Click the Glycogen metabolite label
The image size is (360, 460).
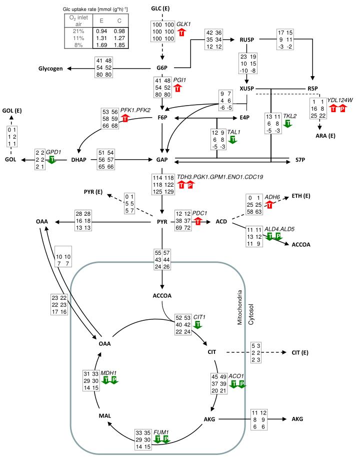click(x=50, y=69)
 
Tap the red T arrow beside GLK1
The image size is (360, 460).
click(x=182, y=32)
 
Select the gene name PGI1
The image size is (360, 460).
click(x=179, y=80)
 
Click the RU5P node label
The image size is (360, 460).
click(x=247, y=40)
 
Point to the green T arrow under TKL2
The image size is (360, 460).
click(x=288, y=124)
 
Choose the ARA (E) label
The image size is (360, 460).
click(x=325, y=136)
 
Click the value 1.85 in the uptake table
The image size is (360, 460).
click(x=119, y=45)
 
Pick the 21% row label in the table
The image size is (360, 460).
click(x=78, y=31)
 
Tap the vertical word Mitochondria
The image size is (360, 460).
click(x=240, y=307)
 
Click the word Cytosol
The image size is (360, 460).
click(x=251, y=314)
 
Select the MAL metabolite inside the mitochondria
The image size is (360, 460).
click(x=104, y=415)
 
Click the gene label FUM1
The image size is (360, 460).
click(x=161, y=432)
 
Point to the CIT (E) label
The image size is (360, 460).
click(x=300, y=352)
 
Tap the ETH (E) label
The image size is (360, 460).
click(x=301, y=196)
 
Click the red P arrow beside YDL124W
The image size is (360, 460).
click(x=342, y=108)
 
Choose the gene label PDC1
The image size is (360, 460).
click(x=199, y=213)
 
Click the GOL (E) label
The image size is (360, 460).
click(x=12, y=111)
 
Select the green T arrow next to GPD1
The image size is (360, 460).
click(x=52, y=160)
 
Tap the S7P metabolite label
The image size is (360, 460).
click(x=300, y=160)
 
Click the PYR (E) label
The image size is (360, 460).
click(x=93, y=192)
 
